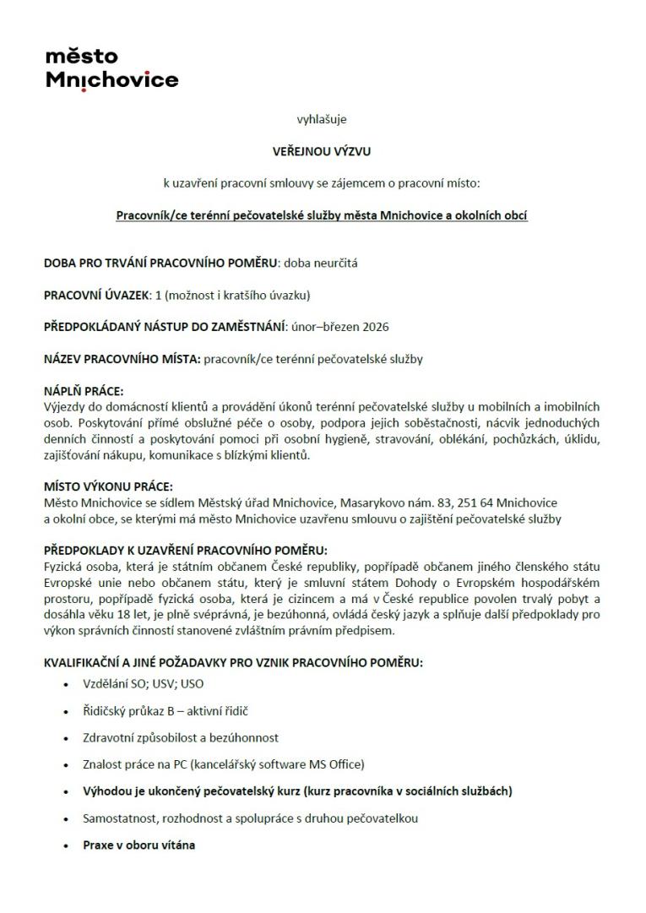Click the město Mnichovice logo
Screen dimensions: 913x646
[x=111, y=68]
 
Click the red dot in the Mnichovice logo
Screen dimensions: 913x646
[x=84, y=90]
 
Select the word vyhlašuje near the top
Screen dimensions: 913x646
[x=322, y=119]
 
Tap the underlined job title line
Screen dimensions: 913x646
[x=322, y=215]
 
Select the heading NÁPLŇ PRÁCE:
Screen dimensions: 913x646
[x=84, y=391]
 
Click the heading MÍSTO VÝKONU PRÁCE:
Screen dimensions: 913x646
[x=108, y=486]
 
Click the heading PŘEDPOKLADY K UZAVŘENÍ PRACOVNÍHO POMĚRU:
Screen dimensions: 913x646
[x=185, y=550]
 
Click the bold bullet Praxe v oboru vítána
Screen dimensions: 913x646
[x=138, y=844]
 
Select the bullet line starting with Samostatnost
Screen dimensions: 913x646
[x=250, y=818]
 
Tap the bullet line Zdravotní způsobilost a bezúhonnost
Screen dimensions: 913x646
[x=181, y=738]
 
